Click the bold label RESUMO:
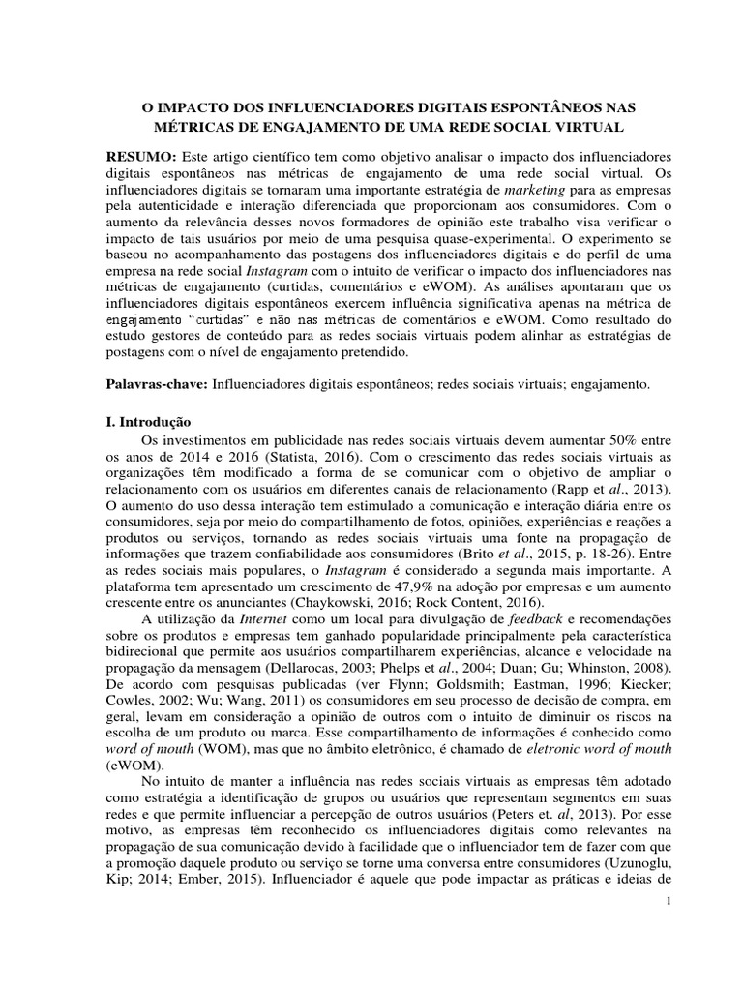(x=141, y=157)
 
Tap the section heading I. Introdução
(x=149, y=423)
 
